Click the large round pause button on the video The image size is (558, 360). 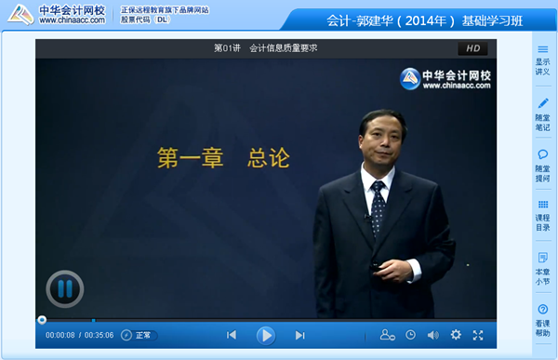pyautogui.click(x=64, y=289)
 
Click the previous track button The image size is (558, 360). pyautogui.click(x=232, y=335)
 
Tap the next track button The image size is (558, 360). pyautogui.click(x=299, y=335)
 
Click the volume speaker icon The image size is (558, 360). pyautogui.click(x=432, y=335)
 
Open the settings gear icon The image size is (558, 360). pyautogui.click(x=456, y=335)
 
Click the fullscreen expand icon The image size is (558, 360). pyautogui.click(x=478, y=335)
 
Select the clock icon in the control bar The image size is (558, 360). pyautogui.click(x=410, y=335)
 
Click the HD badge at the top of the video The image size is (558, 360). pyautogui.click(x=472, y=48)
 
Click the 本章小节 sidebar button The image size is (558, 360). pyautogui.click(x=542, y=267)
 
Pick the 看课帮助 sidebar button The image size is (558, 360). pyautogui.click(x=542, y=319)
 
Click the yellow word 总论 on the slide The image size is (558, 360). pyautogui.click(x=269, y=158)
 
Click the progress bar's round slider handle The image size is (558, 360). pyautogui.click(x=42, y=320)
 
